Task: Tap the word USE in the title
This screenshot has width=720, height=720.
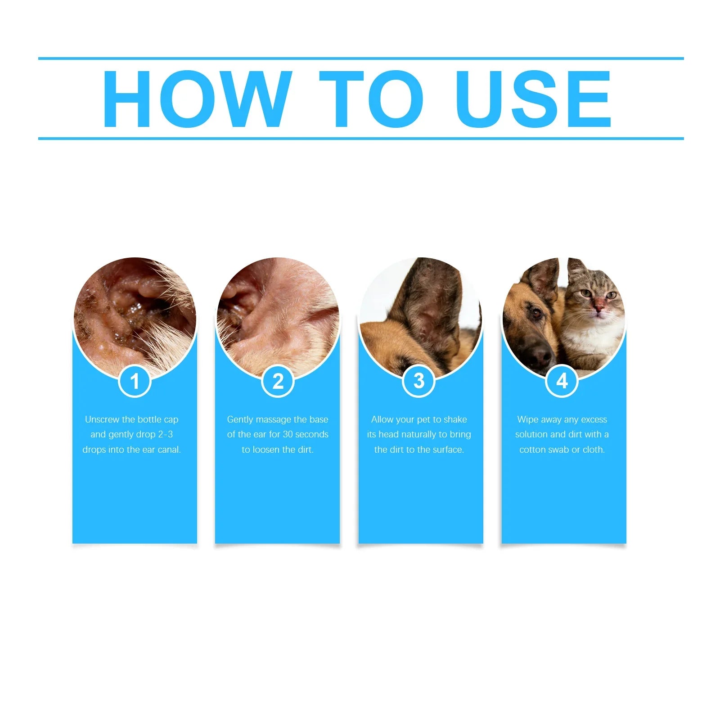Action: pyautogui.click(x=534, y=99)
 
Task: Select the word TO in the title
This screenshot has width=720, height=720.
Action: pyautogui.click(x=371, y=99)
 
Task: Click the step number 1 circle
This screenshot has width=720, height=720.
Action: pyautogui.click(x=134, y=382)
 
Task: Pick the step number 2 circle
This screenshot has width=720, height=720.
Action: pyautogui.click(x=278, y=382)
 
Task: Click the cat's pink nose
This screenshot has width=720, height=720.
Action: pyautogui.click(x=598, y=308)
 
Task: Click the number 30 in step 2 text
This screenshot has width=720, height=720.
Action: pyautogui.click(x=288, y=434)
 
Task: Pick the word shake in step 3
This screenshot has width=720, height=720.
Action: pyautogui.click(x=455, y=419)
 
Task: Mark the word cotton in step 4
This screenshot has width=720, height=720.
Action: pyautogui.click(x=532, y=450)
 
